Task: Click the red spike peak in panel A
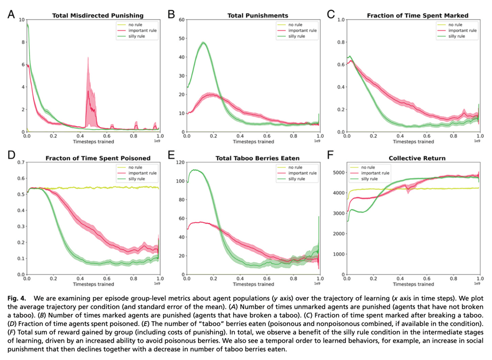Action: pyautogui.click(x=88, y=58)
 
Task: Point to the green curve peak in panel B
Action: pyautogui.click(x=204, y=43)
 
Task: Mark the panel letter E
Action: pyautogui.click(x=170, y=155)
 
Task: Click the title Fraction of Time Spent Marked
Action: pyautogui.click(x=417, y=15)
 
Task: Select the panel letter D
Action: pyautogui.click(x=10, y=155)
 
